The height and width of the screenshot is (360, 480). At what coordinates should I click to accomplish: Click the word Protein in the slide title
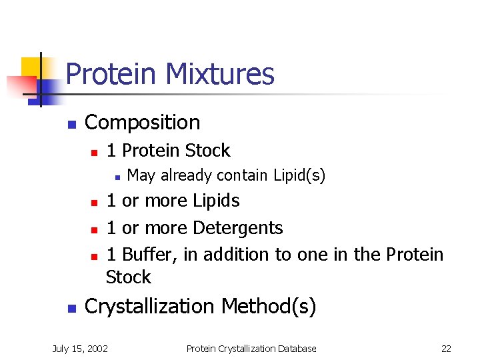click(x=109, y=74)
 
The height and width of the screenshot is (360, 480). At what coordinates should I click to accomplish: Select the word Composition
click(x=142, y=123)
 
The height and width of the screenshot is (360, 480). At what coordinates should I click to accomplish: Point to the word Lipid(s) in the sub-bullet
click(x=299, y=175)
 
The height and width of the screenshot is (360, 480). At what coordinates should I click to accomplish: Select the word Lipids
click(x=216, y=201)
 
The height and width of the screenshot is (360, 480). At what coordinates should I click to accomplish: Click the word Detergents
click(x=237, y=228)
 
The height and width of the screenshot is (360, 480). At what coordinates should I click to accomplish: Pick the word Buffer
click(x=147, y=255)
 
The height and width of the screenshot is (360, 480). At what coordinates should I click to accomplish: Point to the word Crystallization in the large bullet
click(x=151, y=307)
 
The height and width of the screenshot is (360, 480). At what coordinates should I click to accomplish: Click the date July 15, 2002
click(x=81, y=348)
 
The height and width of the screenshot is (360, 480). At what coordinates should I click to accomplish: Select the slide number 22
click(x=446, y=348)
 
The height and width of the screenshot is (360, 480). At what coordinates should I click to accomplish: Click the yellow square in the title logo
click(x=31, y=67)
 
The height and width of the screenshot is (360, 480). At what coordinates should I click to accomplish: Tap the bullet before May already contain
click(x=116, y=177)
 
